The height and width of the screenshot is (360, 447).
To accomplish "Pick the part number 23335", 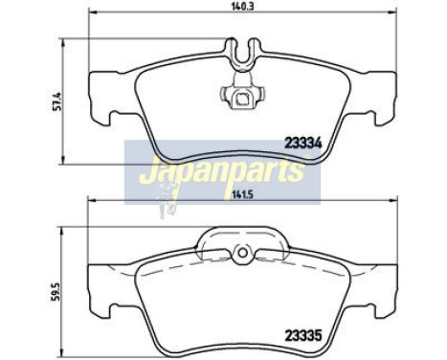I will [302, 335].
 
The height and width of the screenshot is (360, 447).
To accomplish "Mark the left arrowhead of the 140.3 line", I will [90, 14].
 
